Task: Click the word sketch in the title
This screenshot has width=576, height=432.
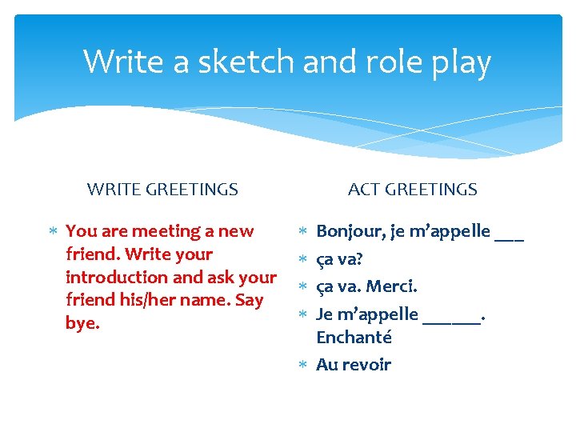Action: click(x=239, y=62)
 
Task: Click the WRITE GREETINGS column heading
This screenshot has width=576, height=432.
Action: click(x=162, y=190)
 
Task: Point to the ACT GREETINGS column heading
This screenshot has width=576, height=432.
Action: click(x=413, y=190)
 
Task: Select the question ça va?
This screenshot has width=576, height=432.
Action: click(x=340, y=259)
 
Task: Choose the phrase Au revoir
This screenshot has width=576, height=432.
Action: click(x=354, y=365)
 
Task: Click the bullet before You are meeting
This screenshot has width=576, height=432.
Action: click(x=53, y=232)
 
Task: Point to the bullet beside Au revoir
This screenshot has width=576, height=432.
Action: click(x=303, y=366)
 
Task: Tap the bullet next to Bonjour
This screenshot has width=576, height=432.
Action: click(x=303, y=232)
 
